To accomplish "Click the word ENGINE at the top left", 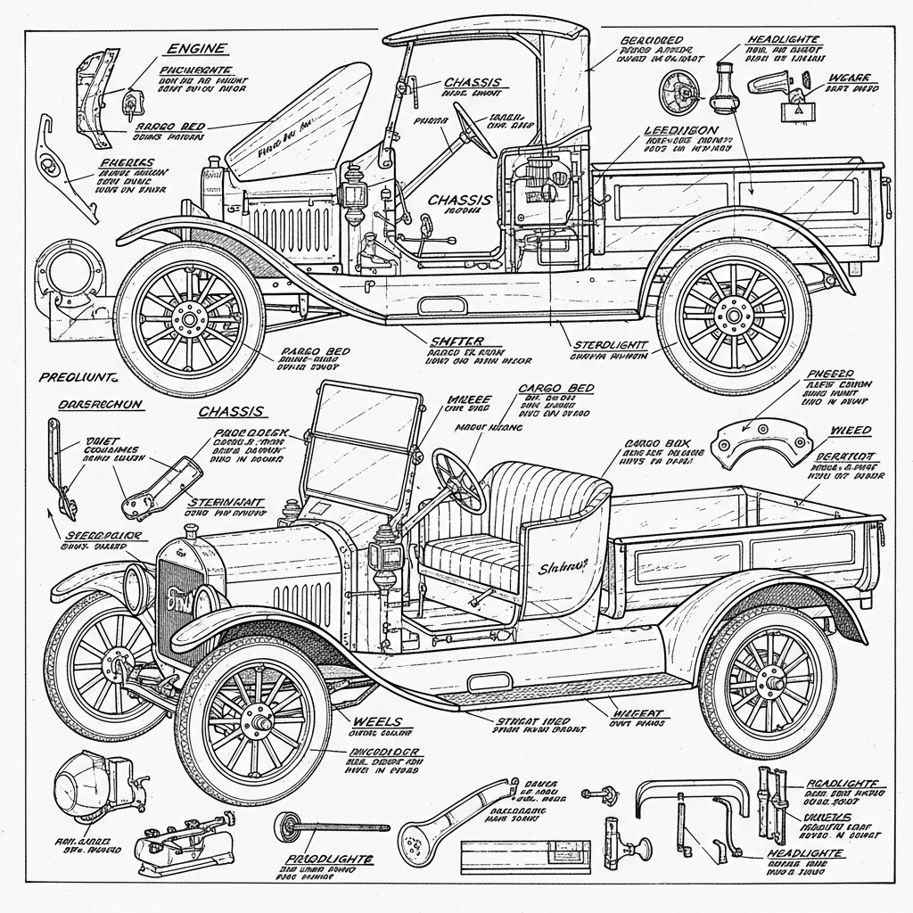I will pos(196,48).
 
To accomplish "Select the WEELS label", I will pos(377,720).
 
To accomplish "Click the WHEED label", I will pos(851,431).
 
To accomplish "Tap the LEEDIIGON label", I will pos(681,130).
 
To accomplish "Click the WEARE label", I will pos(849,78).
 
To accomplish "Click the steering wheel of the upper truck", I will pos(475,130).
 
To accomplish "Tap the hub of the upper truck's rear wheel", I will pos(733,313).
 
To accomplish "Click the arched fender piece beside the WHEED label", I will pos(763,440).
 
